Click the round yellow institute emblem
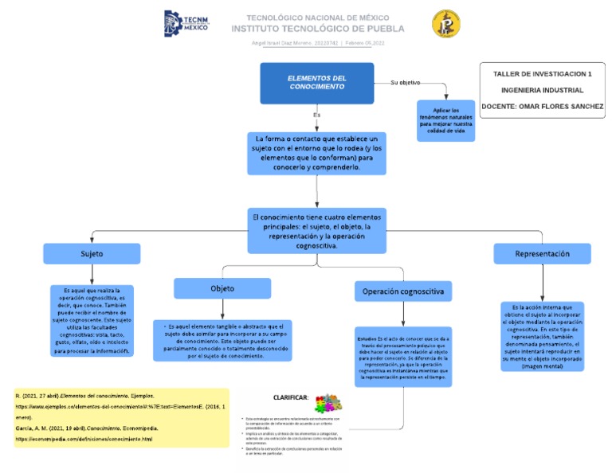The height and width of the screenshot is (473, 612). (445, 24)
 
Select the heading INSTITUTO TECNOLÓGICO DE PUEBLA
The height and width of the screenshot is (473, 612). (317, 29)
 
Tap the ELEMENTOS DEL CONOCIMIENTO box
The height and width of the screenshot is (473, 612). (317, 82)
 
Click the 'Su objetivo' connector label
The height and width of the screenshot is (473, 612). (405, 83)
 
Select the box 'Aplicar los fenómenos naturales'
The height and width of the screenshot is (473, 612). (446, 119)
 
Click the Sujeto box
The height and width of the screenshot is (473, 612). (92, 254)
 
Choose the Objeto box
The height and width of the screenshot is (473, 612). (222, 287)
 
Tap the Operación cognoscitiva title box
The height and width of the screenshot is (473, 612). (403, 292)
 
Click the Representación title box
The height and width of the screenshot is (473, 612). (542, 253)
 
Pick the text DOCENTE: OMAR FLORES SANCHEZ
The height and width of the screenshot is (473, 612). (542, 107)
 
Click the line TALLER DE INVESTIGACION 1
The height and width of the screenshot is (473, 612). (542, 73)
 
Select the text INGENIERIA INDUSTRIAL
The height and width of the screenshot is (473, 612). (542, 90)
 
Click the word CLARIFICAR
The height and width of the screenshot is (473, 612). (291, 397)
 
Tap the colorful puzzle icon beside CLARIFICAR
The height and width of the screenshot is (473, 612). (327, 402)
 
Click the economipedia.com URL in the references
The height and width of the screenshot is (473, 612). (84, 439)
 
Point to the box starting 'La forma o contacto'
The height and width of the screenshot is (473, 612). (317, 153)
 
